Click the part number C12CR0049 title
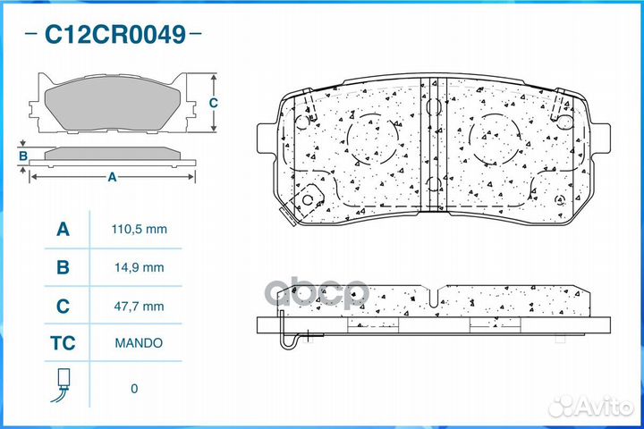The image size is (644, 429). [x=115, y=35]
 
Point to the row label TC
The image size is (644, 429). [x=63, y=342]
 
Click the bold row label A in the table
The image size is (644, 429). [x=63, y=230]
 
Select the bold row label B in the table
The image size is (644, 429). [x=63, y=267]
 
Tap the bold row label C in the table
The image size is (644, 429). [x=63, y=306]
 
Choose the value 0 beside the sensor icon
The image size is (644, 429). [x=135, y=389]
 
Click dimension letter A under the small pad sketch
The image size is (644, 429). [x=112, y=177]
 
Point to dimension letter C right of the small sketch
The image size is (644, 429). [x=214, y=103]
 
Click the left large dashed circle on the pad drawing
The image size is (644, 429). [x=372, y=140]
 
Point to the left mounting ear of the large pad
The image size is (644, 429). [x=267, y=139]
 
